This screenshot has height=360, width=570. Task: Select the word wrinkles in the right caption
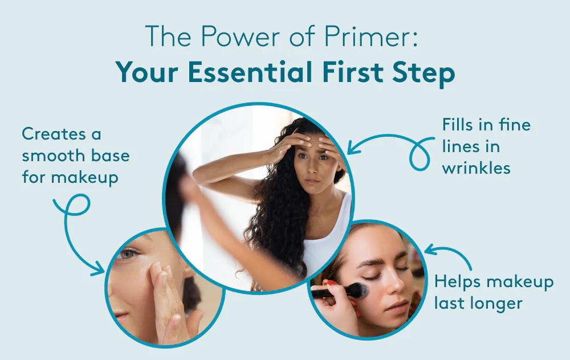476,168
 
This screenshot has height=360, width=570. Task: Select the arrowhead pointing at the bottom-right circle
429,249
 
